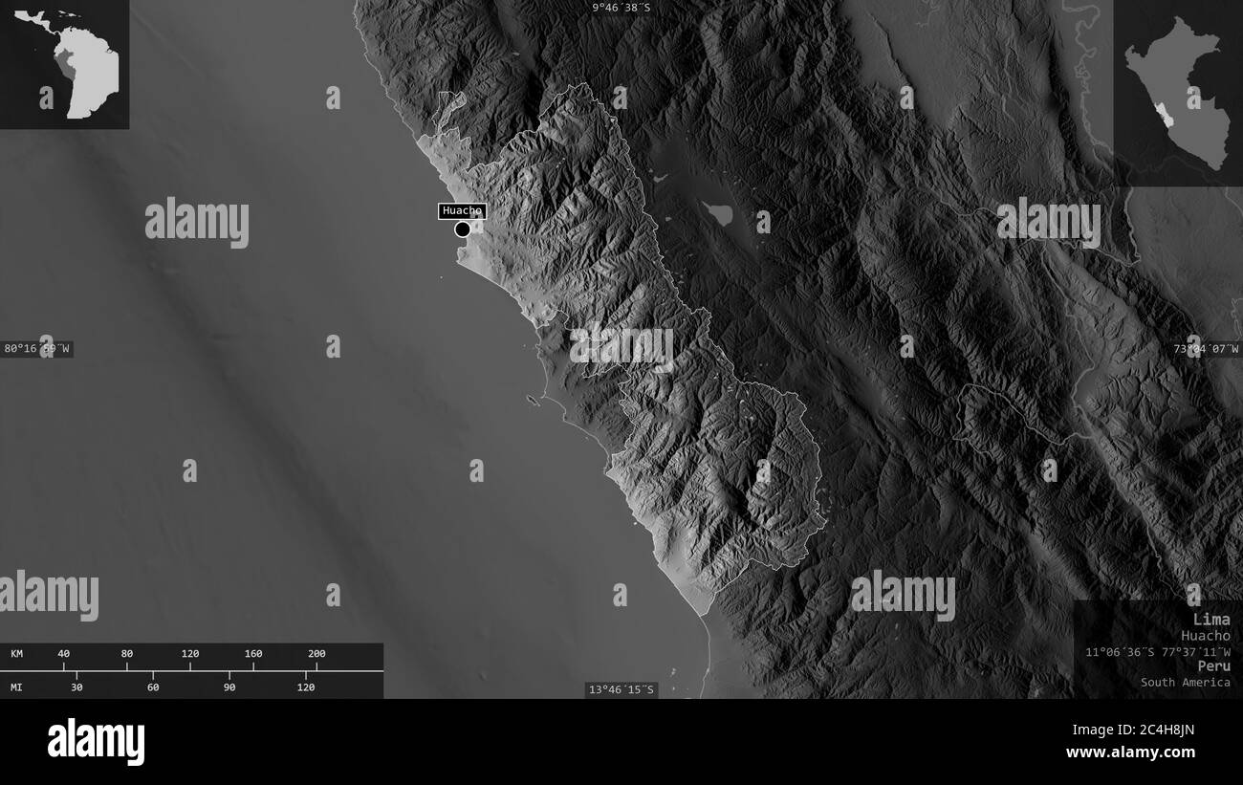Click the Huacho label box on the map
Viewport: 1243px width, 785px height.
462,211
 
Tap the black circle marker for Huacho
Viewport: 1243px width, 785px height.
463,229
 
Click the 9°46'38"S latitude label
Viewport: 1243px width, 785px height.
621,8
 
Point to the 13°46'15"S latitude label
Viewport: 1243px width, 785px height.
621,689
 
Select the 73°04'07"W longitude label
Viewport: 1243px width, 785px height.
1206,349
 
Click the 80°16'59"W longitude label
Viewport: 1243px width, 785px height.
36,349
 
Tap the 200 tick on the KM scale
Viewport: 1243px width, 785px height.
316,654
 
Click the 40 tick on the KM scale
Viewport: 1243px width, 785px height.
64,654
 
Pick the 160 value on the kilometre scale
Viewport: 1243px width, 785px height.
253,654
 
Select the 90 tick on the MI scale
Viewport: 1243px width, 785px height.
229,687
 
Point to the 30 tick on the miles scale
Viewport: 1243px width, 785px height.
76,687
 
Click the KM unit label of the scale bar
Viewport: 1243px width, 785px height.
17,654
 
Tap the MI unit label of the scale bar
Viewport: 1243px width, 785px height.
17,687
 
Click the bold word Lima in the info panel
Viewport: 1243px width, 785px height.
1211,620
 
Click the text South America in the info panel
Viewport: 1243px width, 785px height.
1185,682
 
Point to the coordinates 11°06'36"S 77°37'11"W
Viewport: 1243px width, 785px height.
1158,651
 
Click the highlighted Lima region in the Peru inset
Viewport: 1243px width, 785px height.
1164,117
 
